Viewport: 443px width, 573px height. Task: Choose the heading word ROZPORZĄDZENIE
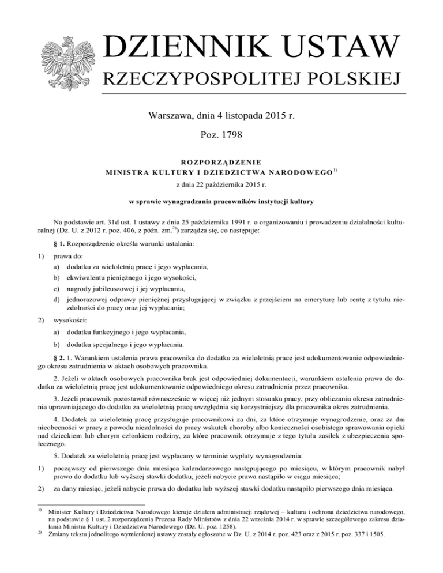pyautogui.click(x=221, y=163)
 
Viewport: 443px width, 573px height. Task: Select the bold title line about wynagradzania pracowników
pyautogui.click(x=221, y=202)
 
